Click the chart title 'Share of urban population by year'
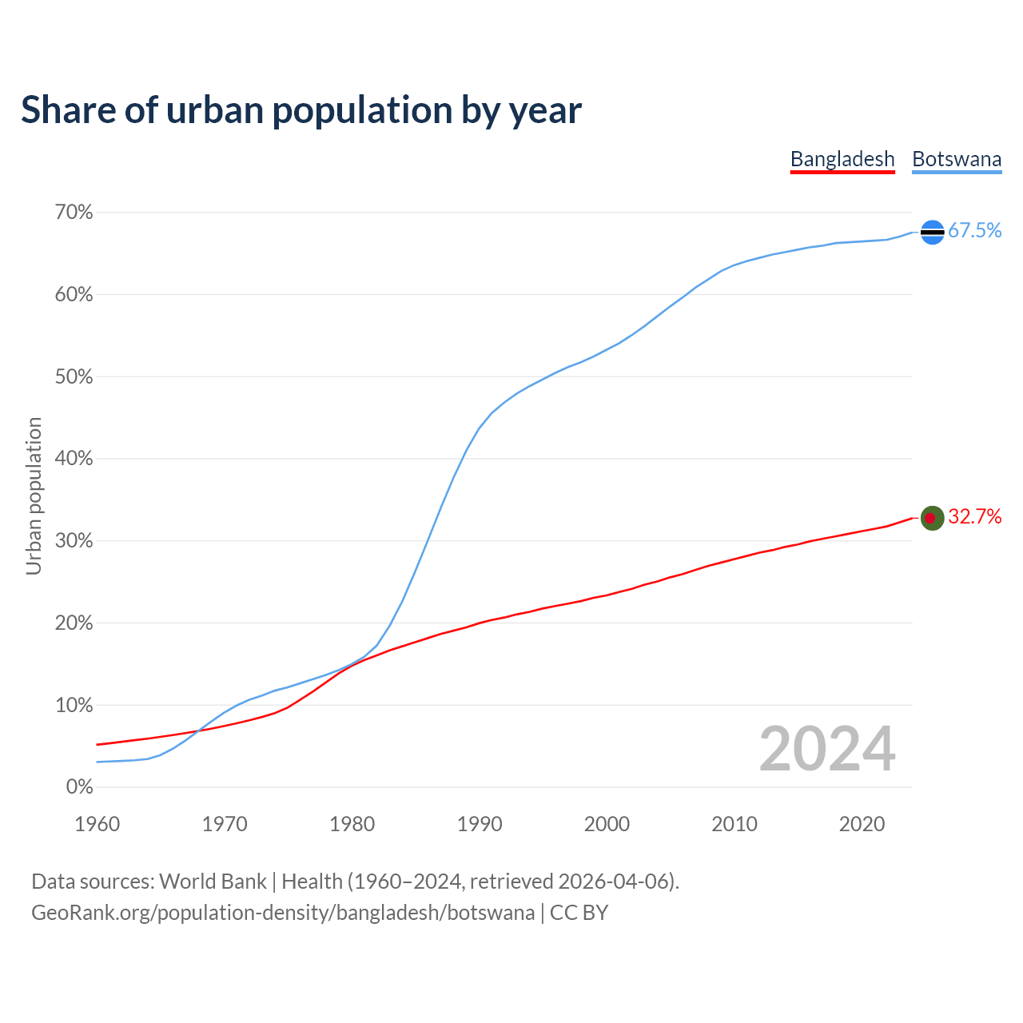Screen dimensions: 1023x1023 point(301,110)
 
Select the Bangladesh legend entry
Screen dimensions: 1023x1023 point(842,159)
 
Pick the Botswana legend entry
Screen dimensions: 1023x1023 point(957,159)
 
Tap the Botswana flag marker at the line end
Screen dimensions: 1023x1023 point(933,232)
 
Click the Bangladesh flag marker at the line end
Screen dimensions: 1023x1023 point(933,518)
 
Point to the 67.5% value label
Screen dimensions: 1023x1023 point(974,231)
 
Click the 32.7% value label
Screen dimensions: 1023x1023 point(974,517)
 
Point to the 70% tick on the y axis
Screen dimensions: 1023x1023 point(74,213)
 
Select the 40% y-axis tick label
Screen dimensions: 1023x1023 point(74,459)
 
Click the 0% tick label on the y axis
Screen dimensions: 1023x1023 point(79,787)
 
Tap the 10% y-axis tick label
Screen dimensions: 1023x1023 point(74,706)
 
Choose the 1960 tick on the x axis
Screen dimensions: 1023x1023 point(98,824)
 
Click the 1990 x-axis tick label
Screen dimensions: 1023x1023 point(480,824)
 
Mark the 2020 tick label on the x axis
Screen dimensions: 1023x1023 point(862,824)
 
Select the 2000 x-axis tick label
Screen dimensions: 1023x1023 point(607,824)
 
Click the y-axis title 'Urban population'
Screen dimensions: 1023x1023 point(34,496)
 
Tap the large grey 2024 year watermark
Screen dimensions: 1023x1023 point(827,750)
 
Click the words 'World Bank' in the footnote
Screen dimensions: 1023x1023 point(213,882)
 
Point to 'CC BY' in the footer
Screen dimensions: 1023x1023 point(579,913)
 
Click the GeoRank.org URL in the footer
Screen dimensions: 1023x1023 point(283,913)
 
